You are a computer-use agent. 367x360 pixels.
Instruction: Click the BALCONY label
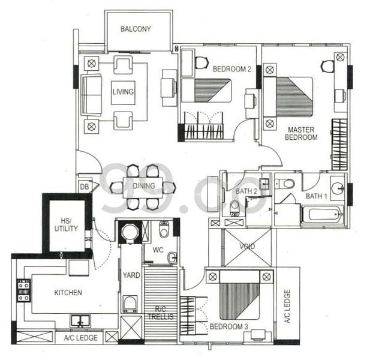click(x=136, y=29)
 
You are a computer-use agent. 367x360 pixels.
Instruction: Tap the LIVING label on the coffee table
click(x=122, y=92)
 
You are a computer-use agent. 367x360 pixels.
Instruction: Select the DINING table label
click(x=144, y=186)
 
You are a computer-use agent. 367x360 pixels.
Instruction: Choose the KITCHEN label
click(x=68, y=293)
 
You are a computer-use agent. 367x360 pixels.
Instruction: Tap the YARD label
click(x=131, y=275)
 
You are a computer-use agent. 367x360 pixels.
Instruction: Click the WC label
click(x=158, y=250)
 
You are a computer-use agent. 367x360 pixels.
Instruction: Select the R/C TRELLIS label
click(x=160, y=312)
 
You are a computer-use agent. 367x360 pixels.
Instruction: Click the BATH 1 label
click(x=317, y=196)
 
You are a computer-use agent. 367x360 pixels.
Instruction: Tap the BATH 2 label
click(x=246, y=191)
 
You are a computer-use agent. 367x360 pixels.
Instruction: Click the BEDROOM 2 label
click(x=231, y=69)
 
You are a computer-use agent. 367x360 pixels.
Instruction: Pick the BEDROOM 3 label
click(x=228, y=327)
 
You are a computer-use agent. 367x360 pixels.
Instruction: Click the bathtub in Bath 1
click(x=322, y=214)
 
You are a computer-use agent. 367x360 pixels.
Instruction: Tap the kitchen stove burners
click(x=23, y=290)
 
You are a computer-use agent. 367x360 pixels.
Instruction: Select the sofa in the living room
click(x=92, y=94)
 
